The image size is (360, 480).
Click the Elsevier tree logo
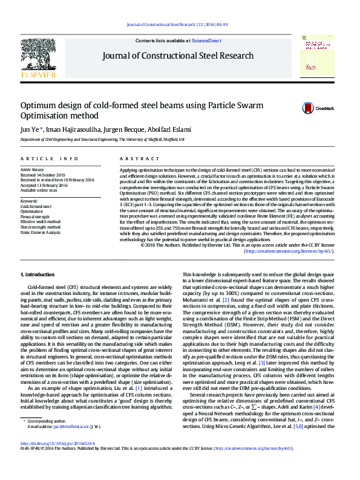coord(38,56)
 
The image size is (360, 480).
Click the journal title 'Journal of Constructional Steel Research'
coord(178,56)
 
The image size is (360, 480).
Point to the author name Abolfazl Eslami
coord(173,129)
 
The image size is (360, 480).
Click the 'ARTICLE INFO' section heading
coord(49,158)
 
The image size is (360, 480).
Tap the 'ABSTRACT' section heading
coord(135,158)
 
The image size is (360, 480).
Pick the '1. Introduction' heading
coord(38,275)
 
